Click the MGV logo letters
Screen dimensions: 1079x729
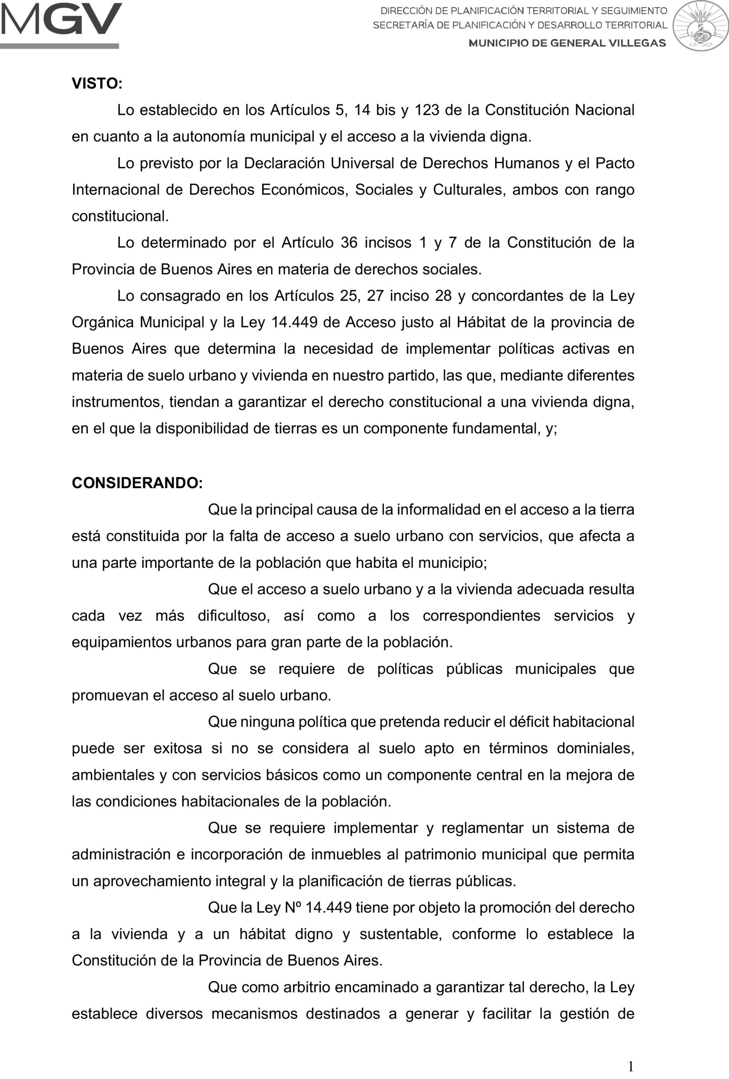[x=61, y=19]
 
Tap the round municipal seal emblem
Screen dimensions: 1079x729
[x=701, y=26]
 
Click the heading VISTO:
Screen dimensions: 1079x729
[x=97, y=83]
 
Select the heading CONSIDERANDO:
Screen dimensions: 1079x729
[x=137, y=483]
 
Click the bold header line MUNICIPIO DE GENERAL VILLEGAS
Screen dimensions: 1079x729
[x=567, y=43]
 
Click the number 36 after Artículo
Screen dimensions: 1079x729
[x=349, y=242]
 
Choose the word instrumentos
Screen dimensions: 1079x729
[x=117, y=402]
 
